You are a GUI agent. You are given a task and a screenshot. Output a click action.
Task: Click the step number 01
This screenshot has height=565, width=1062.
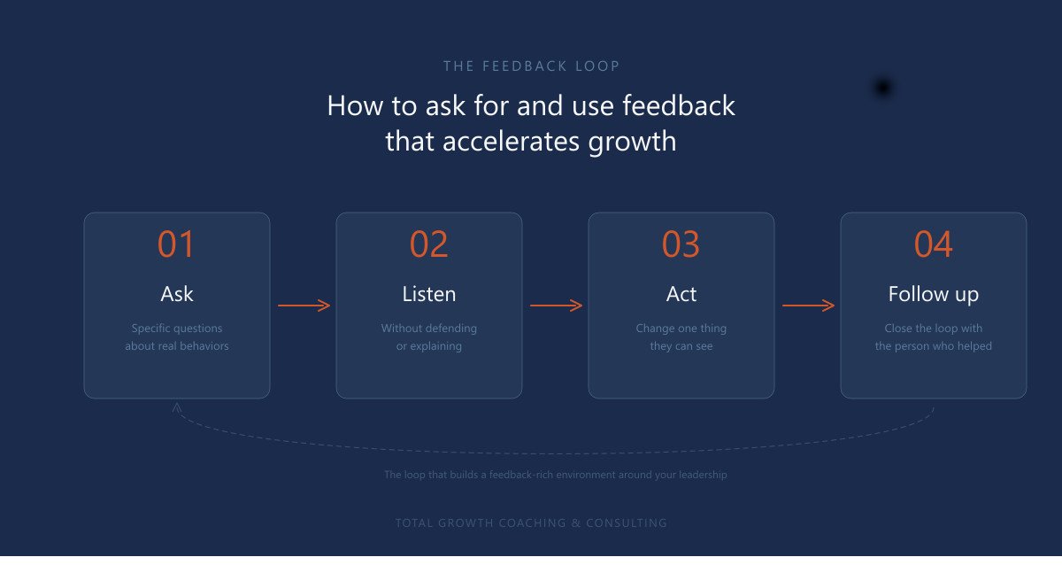click(176, 244)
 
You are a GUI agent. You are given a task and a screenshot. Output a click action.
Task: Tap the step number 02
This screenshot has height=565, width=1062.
click(428, 244)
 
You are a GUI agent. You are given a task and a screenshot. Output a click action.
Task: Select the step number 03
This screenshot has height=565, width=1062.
click(681, 244)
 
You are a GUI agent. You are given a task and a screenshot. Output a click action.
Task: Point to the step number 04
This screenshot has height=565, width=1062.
click(933, 244)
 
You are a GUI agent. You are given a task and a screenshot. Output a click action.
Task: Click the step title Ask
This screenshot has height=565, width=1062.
click(177, 294)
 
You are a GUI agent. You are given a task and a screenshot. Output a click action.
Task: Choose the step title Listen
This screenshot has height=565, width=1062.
click(429, 294)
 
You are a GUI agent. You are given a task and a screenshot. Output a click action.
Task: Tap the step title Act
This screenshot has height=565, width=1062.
click(681, 294)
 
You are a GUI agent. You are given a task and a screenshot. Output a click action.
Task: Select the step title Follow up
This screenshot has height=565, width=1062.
click(934, 295)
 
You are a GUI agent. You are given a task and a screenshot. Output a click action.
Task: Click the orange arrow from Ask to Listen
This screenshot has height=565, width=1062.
click(304, 306)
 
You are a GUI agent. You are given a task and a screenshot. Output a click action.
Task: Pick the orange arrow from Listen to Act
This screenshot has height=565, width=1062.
click(556, 306)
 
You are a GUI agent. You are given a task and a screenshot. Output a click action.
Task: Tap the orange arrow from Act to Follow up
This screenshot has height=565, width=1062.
click(808, 306)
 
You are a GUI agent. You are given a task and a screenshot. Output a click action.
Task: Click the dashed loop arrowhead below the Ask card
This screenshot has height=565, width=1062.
click(176, 406)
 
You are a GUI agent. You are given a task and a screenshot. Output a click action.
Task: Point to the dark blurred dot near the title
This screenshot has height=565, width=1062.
click(883, 88)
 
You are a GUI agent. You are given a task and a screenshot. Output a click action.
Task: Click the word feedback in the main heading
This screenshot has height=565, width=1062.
click(679, 105)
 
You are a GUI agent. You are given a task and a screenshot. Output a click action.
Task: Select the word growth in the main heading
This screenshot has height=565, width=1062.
click(632, 142)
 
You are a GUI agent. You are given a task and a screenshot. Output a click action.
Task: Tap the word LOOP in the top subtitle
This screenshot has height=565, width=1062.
click(597, 66)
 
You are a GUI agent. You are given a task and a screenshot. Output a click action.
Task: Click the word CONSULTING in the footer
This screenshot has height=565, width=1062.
click(627, 522)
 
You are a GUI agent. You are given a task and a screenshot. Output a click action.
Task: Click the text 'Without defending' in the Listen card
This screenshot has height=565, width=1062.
click(429, 329)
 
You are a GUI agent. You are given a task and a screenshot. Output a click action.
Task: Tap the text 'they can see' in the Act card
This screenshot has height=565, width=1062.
click(681, 346)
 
